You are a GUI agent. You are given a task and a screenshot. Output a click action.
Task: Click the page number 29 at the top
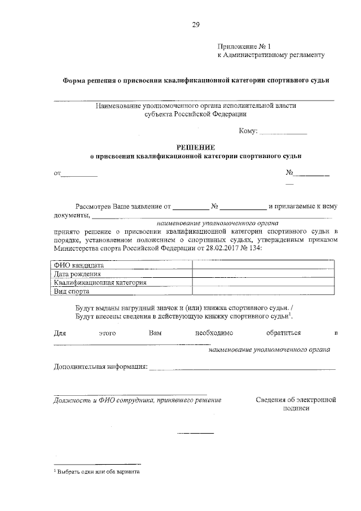(195, 24)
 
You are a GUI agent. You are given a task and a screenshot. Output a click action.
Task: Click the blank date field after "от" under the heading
(79, 174)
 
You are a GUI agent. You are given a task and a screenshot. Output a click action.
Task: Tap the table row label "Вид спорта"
(72, 291)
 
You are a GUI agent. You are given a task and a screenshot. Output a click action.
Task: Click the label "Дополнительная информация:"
(100, 367)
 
